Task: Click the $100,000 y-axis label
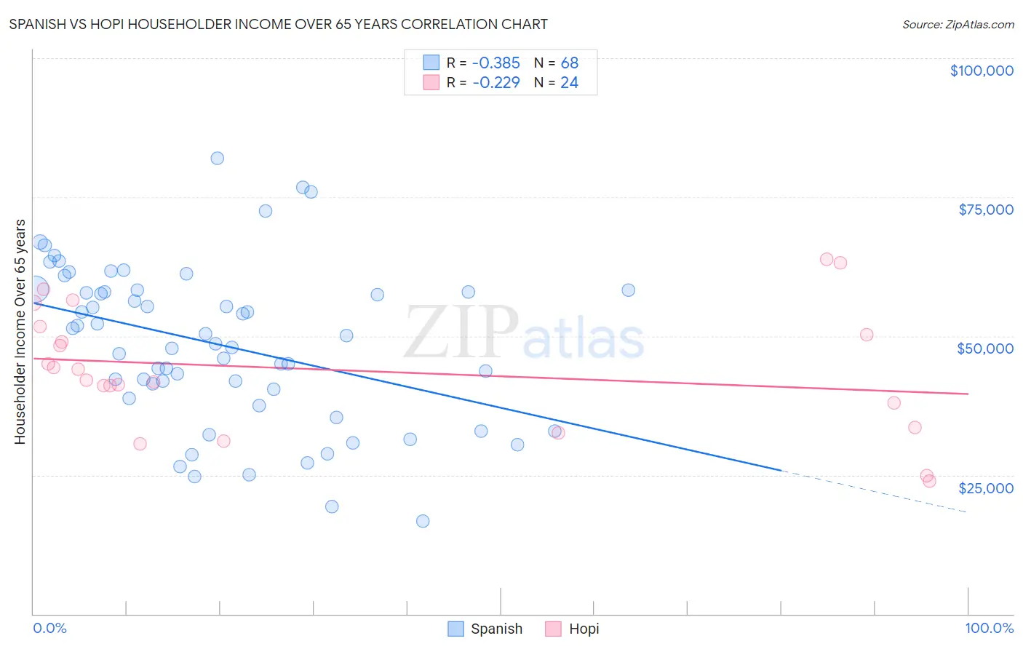point(982,71)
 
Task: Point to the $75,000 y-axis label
point(985,210)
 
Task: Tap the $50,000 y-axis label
point(985,349)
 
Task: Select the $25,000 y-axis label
point(985,488)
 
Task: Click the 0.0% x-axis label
point(49,628)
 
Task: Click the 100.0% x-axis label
point(989,628)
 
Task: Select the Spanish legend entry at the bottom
point(485,629)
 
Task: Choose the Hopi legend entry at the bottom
point(573,629)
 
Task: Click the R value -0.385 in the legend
point(496,63)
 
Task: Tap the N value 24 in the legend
point(569,83)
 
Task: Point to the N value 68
point(569,63)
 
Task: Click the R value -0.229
point(496,83)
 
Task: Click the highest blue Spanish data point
point(217,158)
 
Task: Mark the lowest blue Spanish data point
point(423,521)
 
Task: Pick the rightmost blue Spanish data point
point(628,290)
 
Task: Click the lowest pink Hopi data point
point(929,481)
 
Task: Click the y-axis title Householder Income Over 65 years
point(20,332)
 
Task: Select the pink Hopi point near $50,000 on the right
point(867,335)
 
